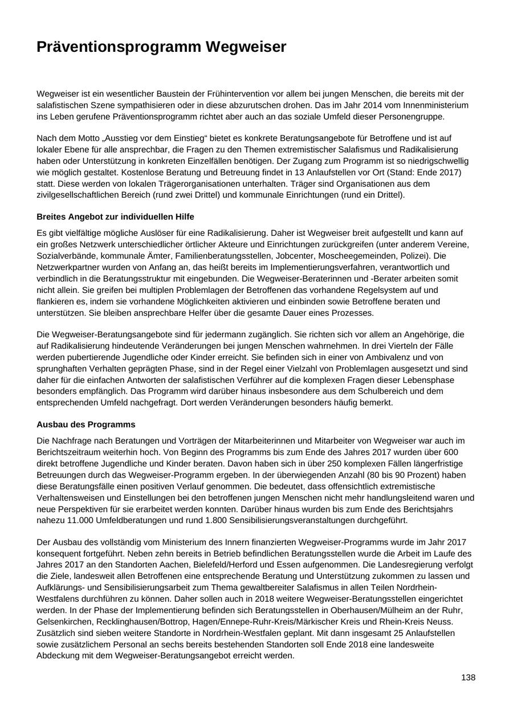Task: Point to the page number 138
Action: pos(468,677)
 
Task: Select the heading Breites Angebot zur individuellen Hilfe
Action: pos(115,217)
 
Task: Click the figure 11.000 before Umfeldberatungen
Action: pos(78,520)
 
